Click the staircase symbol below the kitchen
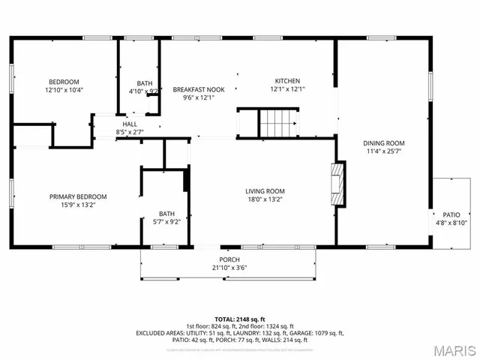click(280, 122)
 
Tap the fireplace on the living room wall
click(340, 184)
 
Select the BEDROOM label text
click(64, 82)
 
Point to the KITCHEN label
click(287, 81)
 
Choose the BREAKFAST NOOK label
click(199, 88)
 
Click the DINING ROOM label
click(384, 142)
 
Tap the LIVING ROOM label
click(265, 191)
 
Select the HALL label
click(130, 124)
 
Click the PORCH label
click(229, 259)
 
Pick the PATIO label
click(451, 214)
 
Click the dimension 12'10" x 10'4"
click(64, 90)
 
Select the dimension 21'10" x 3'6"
click(229, 267)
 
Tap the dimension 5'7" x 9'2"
click(166, 221)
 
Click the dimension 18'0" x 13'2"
click(265, 199)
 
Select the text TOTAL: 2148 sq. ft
click(240, 319)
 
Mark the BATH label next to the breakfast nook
click(144, 83)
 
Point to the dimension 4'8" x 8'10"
click(451, 223)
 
